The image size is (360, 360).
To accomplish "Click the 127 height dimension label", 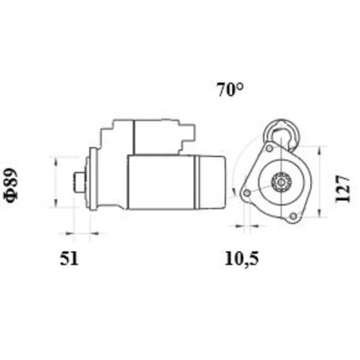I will [342, 188].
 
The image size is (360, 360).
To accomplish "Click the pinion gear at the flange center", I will [282, 182].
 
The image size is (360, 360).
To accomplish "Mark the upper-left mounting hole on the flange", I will [269, 148].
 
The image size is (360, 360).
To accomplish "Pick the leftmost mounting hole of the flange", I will [247, 193].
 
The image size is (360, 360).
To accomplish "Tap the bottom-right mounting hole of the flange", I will [293, 216].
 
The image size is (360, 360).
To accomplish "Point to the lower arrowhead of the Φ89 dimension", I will [55, 204].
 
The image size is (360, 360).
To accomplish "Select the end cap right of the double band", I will [211, 182].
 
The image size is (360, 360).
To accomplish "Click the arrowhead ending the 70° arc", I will [234, 191].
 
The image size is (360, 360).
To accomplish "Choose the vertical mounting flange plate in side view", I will [93, 180].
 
